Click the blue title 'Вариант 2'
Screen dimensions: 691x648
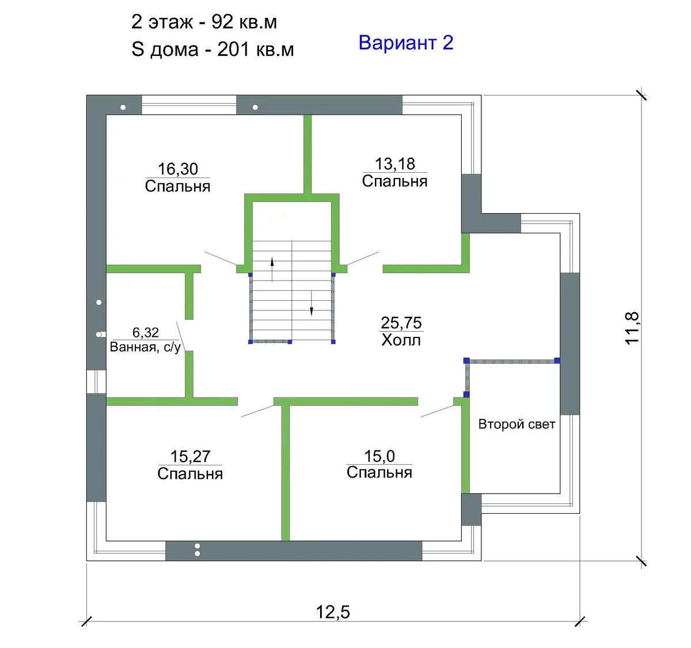406,43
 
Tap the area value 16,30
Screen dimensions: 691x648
178,169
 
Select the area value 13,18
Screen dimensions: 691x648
395,164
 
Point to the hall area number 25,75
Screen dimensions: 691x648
401,323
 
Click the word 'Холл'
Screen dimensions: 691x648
401,340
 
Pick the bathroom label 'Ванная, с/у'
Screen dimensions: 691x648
146,347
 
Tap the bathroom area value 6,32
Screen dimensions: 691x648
146,332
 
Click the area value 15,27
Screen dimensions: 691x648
191,457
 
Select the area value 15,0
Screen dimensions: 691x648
379,456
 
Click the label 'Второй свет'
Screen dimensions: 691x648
517,424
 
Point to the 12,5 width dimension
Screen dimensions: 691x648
333,612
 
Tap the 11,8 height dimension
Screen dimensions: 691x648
632,328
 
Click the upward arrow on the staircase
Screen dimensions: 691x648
272,269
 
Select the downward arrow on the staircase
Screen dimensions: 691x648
312,304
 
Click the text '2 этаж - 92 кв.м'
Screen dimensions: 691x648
204,22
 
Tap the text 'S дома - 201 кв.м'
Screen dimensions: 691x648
212,49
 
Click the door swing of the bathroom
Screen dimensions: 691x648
181,336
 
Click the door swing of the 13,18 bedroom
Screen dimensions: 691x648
363,259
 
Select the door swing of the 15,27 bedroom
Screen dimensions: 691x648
258,411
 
